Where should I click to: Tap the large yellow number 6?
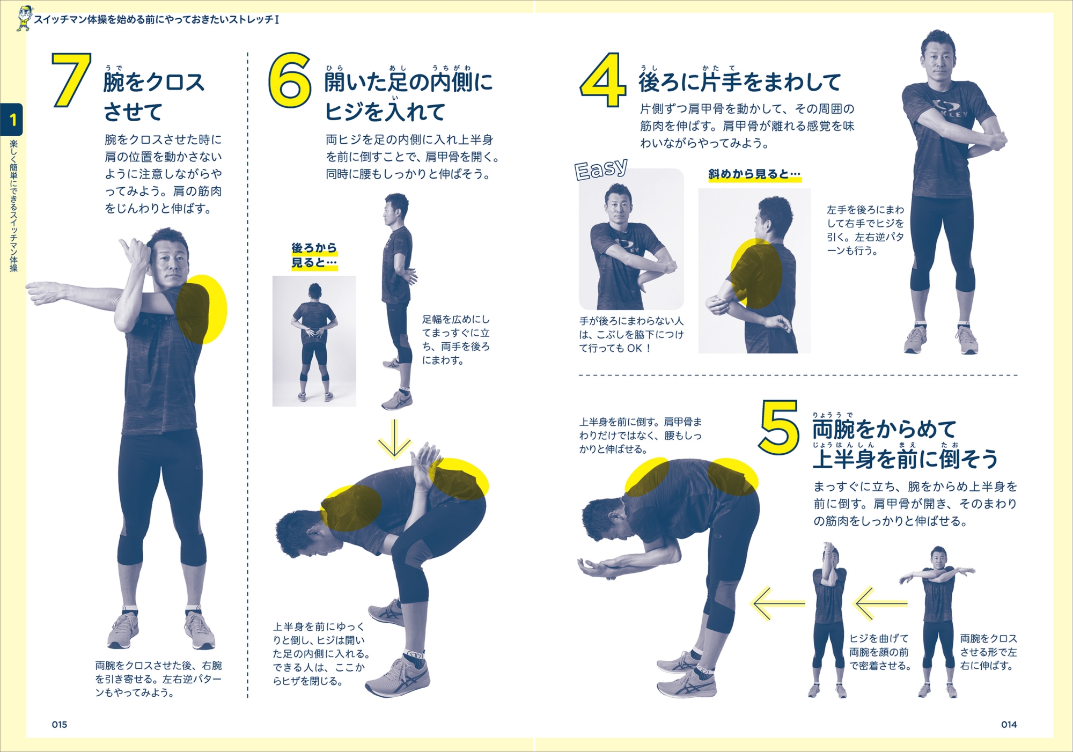(290, 80)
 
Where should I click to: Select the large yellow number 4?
(603, 80)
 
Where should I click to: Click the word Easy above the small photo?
(601, 169)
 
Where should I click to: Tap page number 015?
(60, 725)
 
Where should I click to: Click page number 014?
(1009, 725)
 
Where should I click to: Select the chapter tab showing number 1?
(12, 119)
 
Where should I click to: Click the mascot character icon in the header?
(24, 19)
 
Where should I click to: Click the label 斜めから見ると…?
(754, 174)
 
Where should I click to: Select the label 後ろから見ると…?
(314, 255)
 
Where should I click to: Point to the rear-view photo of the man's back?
(314, 341)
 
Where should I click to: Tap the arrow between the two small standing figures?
(880, 603)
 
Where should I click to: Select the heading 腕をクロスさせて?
(155, 97)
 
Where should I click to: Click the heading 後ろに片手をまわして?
(740, 82)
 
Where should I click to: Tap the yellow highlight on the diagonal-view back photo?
(756, 274)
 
